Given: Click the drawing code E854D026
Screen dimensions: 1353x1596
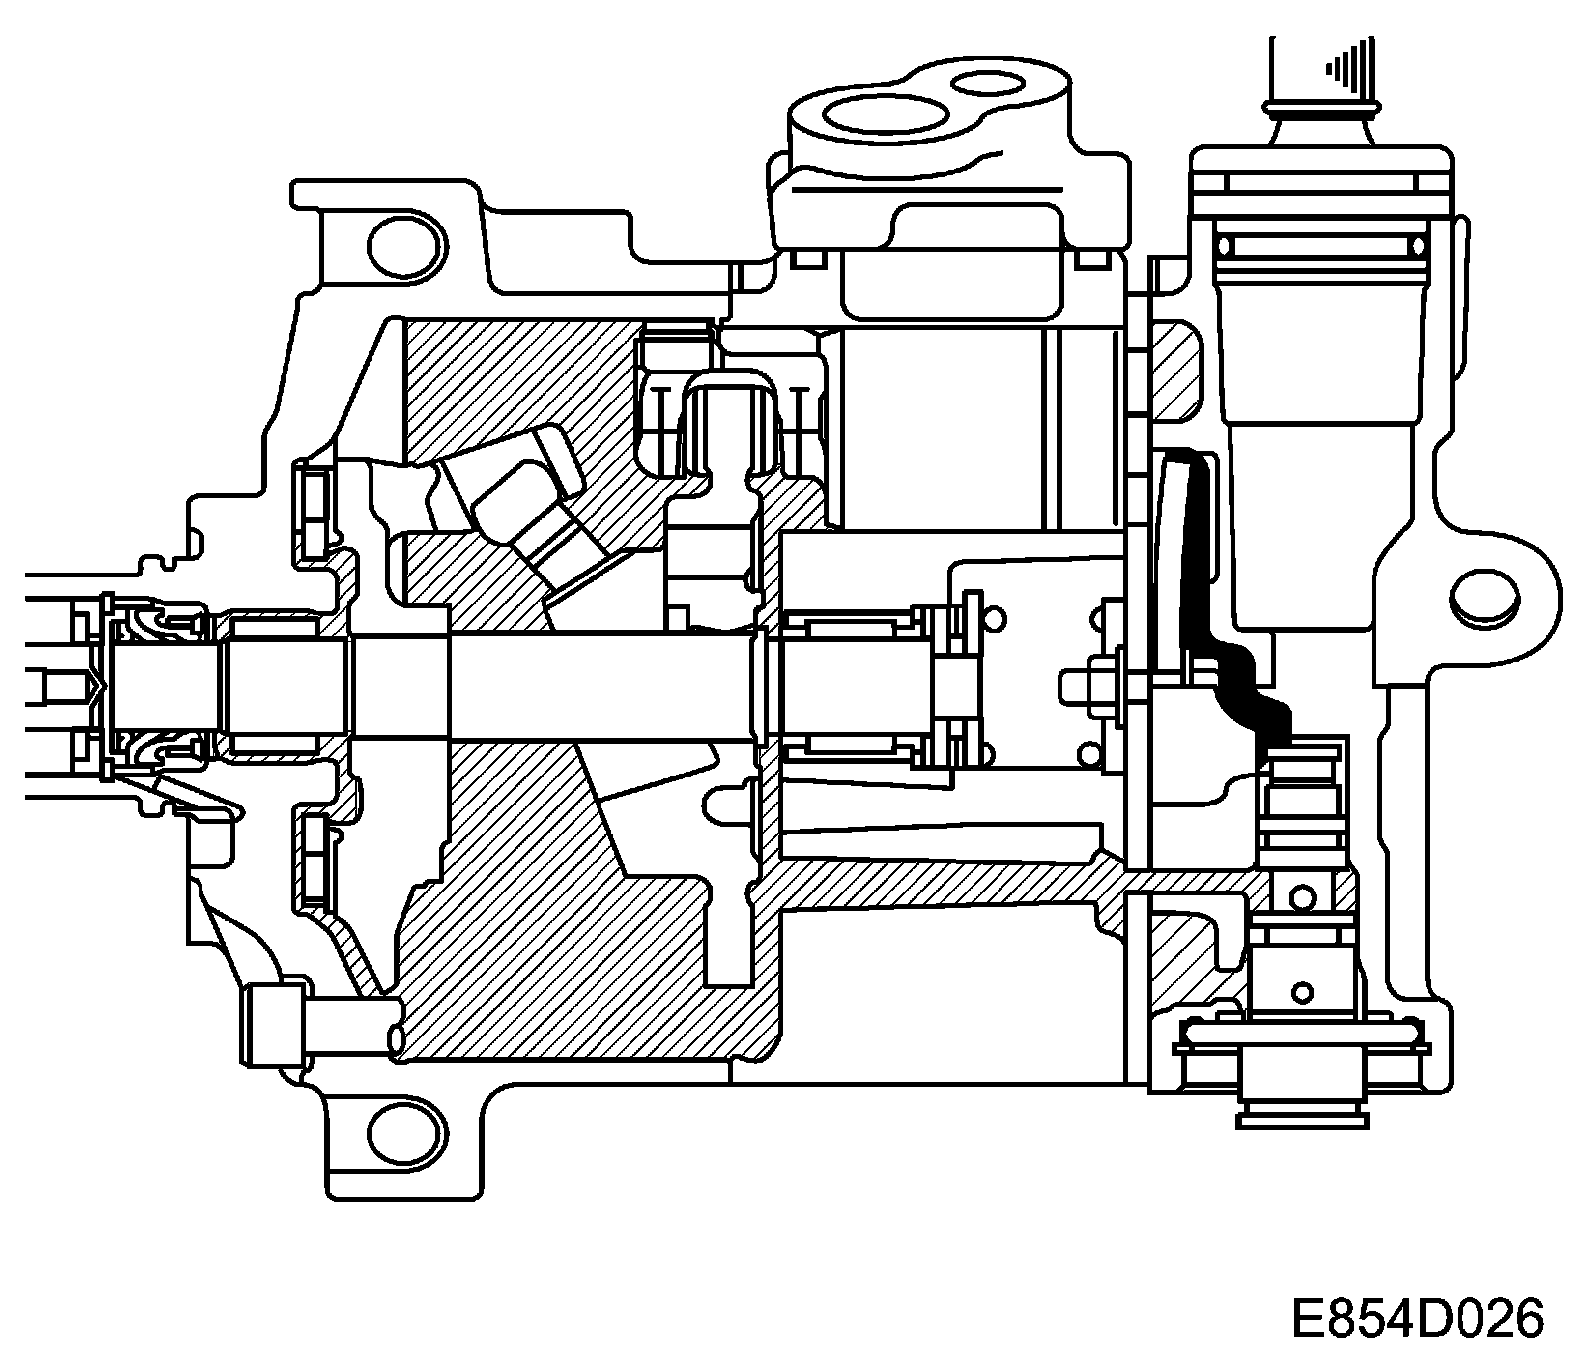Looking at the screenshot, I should [x=1416, y=1318].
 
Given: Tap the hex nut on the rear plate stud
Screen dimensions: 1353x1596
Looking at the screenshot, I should [x=1103, y=682].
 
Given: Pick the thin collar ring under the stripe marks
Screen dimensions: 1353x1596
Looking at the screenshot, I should [x=1321, y=103].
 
